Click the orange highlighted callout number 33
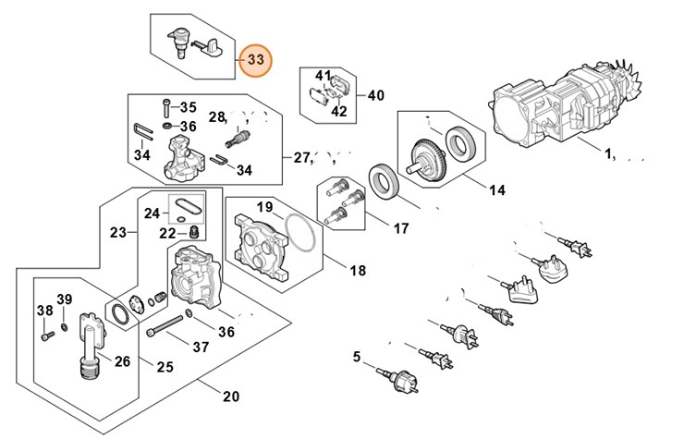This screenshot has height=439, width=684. pyautogui.click(x=255, y=61)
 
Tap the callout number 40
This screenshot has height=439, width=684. pyautogui.click(x=376, y=94)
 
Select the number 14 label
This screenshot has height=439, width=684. pyautogui.click(x=497, y=191)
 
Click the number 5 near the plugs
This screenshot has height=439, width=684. pyautogui.click(x=358, y=357)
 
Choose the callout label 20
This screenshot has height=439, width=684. pyautogui.click(x=230, y=397)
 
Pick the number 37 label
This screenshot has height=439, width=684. pyautogui.click(x=200, y=347)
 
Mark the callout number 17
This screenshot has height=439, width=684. pyautogui.click(x=401, y=227)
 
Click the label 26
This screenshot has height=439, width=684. pyautogui.click(x=121, y=361)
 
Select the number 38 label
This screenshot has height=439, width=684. pyautogui.click(x=43, y=310)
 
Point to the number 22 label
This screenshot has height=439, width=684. pyautogui.click(x=166, y=233)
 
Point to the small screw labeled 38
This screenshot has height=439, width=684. pyautogui.click(x=44, y=335)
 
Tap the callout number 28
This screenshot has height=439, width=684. pyautogui.click(x=217, y=117)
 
